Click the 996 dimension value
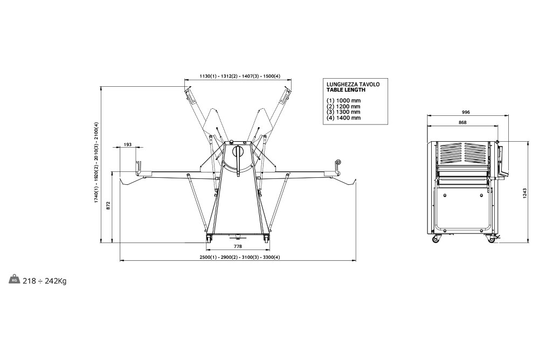[x=467, y=112]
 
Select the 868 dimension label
[x=462, y=122]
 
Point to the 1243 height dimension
[x=524, y=192]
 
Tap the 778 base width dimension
[x=238, y=246]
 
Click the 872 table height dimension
[x=108, y=205]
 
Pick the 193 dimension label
[x=128, y=144]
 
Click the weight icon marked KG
[x=14, y=280]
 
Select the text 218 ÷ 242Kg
[x=45, y=281]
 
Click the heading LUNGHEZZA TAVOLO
[x=354, y=85]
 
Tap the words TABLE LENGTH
[x=346, y=90]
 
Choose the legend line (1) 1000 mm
[x=343, y=101]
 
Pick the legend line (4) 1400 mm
[x=343, y=117]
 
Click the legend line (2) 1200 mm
[x=343, y=106]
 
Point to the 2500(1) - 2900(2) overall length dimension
[x=237, y=257]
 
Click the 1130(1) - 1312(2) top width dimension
[x=239, y=77]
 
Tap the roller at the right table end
[x=338, y=162]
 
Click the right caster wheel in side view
[x=491, y=239]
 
